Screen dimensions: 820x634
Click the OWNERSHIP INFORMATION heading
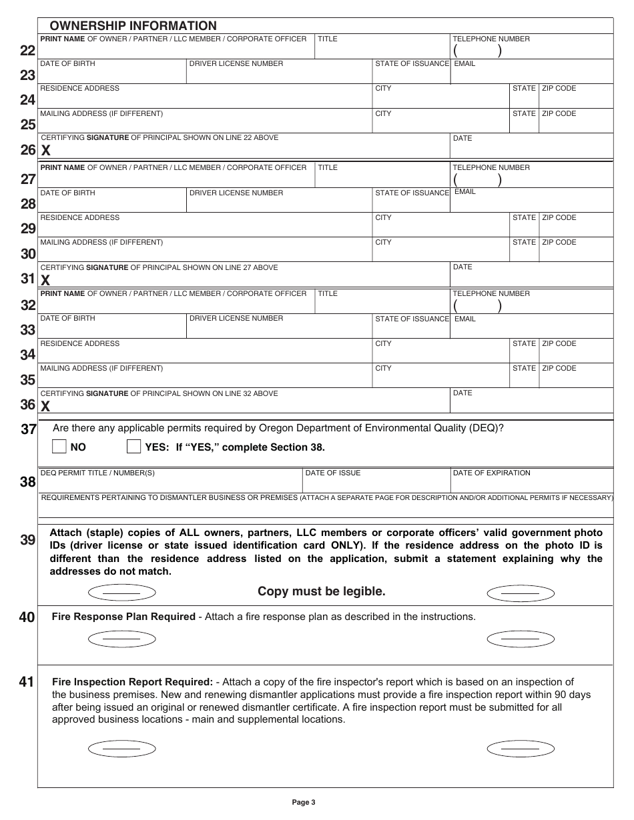pos(133,26)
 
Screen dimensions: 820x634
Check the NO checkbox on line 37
pos(59,447)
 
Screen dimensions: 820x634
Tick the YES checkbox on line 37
pos(133,447)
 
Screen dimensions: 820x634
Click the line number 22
pos(27,51)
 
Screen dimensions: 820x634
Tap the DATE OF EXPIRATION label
pos(491,473)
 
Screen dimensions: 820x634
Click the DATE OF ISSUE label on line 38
pos(332,473)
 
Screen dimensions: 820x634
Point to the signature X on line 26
pos(46,151)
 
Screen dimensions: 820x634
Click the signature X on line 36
pos(45,406)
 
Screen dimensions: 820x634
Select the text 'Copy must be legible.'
pos(321,591)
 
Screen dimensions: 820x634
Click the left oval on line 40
pos(121,639)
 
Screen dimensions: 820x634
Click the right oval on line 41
pos(521,749)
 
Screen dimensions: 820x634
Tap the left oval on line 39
pos(121,593)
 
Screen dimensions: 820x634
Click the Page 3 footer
pos(304,803)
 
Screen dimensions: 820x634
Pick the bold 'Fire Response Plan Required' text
pos(123,617)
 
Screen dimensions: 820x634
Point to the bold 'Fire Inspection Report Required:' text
pos(132,682)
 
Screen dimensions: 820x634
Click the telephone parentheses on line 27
pos(477,180)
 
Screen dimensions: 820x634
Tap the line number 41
pos(27,682)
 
